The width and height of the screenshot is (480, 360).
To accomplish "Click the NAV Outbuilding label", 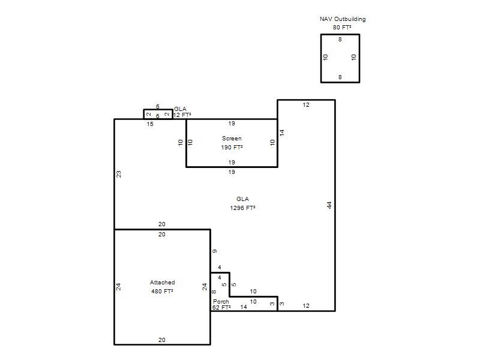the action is click(x=343, y=19).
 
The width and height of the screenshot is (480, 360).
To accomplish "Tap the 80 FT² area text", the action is click(x=342, y=27).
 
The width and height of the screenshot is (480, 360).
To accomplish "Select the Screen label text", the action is click(x=232, y=139).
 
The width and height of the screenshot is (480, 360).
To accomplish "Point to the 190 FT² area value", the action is click(x=232, y=147).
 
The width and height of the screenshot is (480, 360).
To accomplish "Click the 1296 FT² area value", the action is click(x=242, y=208).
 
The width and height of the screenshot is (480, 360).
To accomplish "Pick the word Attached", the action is click(x=162, y=282).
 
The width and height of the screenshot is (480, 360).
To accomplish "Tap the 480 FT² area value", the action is click(x=162, y=291).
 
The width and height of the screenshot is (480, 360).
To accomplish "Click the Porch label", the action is click(x=221, y=302).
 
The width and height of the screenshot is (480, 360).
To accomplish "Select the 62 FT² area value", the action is click(x=221, y=307).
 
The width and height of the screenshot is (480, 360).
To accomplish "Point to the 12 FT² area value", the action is click(x=182, y=115).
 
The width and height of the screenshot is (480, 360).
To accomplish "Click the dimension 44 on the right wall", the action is click(x=329, y=205).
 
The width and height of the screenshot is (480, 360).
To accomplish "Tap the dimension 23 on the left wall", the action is click(x=118, y=174).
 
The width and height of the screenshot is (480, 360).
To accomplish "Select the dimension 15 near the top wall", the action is click(x=150, y=124).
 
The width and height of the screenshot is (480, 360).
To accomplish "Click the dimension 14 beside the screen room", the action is click(x=281, y=133).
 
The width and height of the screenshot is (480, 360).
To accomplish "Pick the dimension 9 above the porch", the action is click(x=215, y=251).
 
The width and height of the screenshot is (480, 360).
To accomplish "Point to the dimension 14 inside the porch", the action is click(x=244, y=307).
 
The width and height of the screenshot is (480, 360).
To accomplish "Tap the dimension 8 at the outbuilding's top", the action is click(x=340, y=39).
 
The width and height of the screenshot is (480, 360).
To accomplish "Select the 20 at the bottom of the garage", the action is click(x=162, y=340).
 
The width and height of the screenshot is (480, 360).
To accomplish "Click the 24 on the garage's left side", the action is click(x=118, y=287).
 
